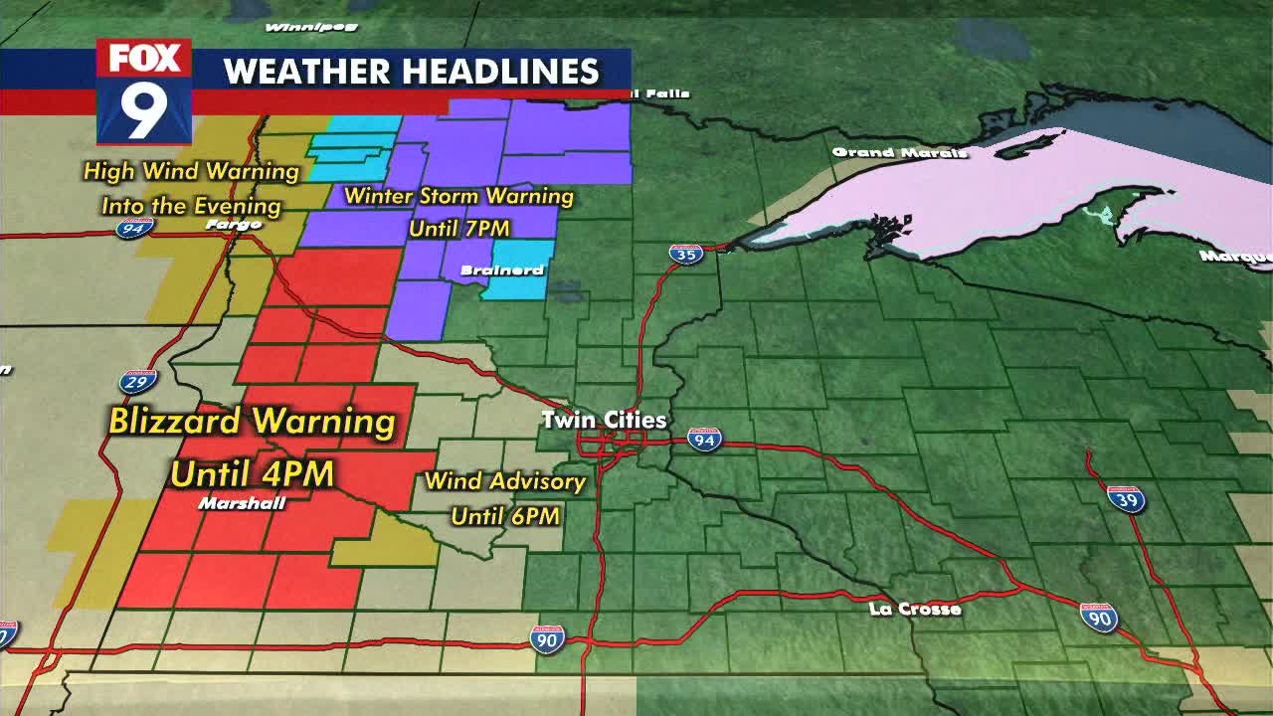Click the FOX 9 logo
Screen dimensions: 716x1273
144,91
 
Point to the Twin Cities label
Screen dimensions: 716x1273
604,421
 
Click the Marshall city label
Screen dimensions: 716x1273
242,504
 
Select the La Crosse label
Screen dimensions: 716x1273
915,609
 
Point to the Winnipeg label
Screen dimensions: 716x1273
297,27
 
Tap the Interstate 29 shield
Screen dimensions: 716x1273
138,382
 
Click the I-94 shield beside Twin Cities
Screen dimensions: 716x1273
704,439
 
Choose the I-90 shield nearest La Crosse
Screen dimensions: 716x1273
1099,618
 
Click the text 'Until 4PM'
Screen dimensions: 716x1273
252,474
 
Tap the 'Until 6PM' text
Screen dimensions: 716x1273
505,516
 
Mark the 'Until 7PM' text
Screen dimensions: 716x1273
459,229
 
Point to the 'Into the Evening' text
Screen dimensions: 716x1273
191,207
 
